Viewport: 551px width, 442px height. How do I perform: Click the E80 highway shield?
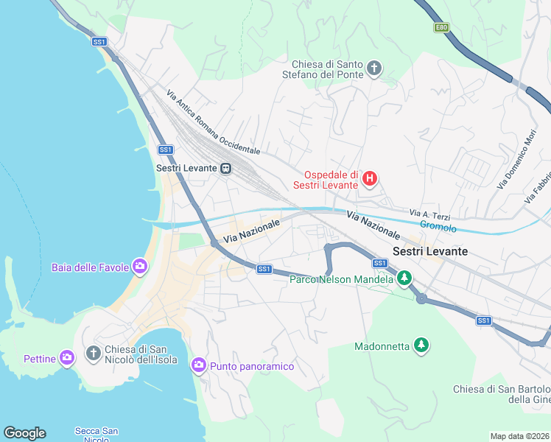tap(441, 28)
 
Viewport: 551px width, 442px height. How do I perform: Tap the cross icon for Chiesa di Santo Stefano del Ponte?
tap(374, 69)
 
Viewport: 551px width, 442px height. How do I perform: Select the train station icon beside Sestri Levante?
tap(225, 168)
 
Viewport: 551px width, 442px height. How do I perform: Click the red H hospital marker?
tap(370, 178)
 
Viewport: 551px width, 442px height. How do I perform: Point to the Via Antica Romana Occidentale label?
tap(213, 122)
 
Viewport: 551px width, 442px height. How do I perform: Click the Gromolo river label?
tap(438, 228)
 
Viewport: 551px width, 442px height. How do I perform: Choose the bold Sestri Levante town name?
tap(431, 251)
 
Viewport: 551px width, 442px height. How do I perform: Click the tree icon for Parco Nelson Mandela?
tap(404, 278)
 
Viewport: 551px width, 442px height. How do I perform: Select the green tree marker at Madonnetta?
tap(421, 345)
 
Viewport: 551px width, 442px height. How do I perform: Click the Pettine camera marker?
tap(67, 359)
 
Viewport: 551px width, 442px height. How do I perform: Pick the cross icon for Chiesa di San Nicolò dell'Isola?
tap(93, 354)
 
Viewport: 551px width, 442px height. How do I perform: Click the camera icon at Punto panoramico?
tap(199, 365)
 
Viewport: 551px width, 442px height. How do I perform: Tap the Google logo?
tap(24, 433)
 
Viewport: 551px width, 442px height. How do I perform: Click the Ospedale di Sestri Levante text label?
tap(331, 180)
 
